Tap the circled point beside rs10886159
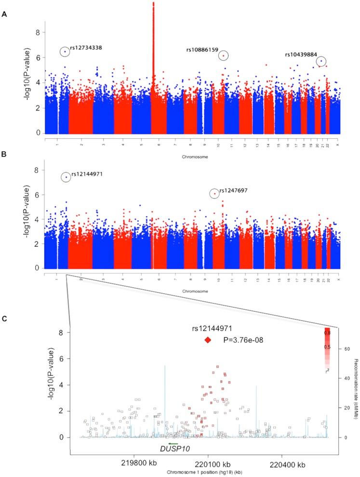tap(223, 55)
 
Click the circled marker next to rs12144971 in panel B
tap(66, 177)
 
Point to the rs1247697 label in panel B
tap(234, 190)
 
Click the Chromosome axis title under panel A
tap(192, 157)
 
